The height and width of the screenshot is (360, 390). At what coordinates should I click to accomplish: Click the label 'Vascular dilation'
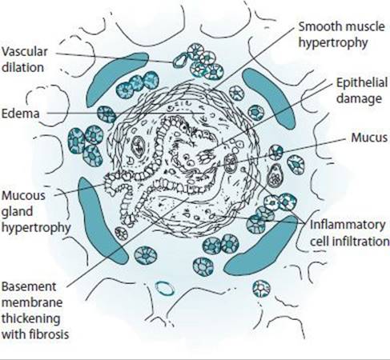point(25,59)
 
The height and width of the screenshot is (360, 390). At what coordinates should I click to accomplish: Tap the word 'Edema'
point(21,114)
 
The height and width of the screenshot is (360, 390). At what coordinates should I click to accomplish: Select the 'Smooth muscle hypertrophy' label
point(342,34)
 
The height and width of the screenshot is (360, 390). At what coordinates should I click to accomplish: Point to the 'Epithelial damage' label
point(362,90)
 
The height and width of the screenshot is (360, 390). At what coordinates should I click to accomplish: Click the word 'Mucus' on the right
point(369,138)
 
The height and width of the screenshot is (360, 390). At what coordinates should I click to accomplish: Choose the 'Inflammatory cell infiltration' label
point(350,233)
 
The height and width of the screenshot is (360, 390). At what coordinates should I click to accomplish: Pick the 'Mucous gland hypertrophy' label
point(36,211)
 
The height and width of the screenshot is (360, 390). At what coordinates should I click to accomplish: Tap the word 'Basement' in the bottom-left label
point(29,286)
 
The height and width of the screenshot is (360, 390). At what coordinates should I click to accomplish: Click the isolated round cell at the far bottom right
point(261,289)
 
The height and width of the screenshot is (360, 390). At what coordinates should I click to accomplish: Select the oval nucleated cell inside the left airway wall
point(138,146)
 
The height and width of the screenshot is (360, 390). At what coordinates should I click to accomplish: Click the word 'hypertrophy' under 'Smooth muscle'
point(333,42)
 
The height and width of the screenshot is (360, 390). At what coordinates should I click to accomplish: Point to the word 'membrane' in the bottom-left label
point(32,302)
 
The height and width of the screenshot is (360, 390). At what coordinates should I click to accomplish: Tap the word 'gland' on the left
point(17,212)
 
